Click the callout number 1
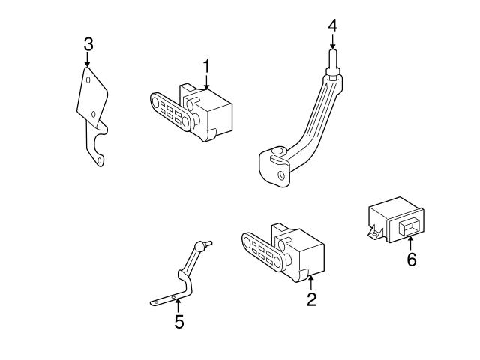[205, 67]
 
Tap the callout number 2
[311, 299]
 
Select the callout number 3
[88, 44]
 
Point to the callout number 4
[332, 26]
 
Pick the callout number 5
[178, 322]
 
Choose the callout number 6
[411, 260]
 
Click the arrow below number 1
[205, 83]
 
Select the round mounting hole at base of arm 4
[282, 177]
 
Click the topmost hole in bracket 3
[88, 79]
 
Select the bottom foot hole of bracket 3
[97, 158]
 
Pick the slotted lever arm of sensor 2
[262, 250]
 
